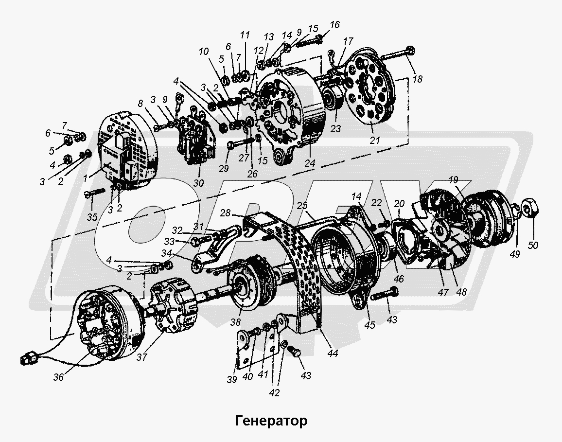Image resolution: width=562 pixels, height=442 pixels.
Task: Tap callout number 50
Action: (x=534, y=246)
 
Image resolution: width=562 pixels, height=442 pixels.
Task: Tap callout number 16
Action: (x=334, y=25)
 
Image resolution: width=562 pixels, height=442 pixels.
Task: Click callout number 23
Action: (x=336, y=129)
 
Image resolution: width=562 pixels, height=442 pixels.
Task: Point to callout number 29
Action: (x=224, y=168)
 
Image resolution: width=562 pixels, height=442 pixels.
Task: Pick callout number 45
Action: (x=370, y=325)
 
